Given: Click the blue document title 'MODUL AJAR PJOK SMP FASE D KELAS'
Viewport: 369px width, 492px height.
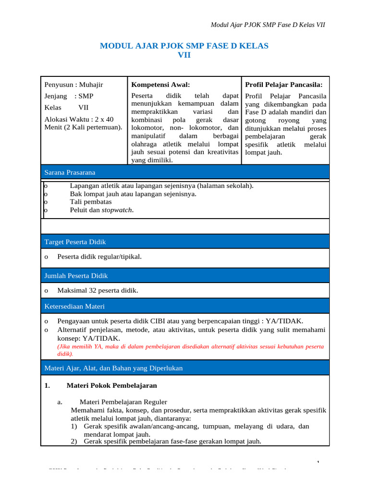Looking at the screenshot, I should click(184, 46).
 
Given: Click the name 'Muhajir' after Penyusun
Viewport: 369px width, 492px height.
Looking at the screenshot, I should click(91, 85).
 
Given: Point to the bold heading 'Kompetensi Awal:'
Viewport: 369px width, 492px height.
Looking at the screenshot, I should click(160, 85).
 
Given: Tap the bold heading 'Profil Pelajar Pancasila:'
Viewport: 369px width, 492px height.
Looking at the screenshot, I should click(283, 85).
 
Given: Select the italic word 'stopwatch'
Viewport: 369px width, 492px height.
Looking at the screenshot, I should click(117, 210).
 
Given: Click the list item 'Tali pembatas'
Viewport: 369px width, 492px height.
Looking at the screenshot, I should click(91, 202).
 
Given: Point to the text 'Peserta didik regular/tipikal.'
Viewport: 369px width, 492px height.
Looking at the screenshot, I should click(99, 257).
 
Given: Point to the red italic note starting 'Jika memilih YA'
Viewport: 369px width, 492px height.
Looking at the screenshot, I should click(190, 346).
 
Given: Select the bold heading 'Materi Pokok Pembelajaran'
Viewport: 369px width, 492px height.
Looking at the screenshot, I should click(111, 385).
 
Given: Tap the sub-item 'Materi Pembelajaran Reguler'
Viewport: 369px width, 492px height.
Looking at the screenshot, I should click(123, 402).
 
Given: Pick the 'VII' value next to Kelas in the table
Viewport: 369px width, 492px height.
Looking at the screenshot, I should click(83, 108).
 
